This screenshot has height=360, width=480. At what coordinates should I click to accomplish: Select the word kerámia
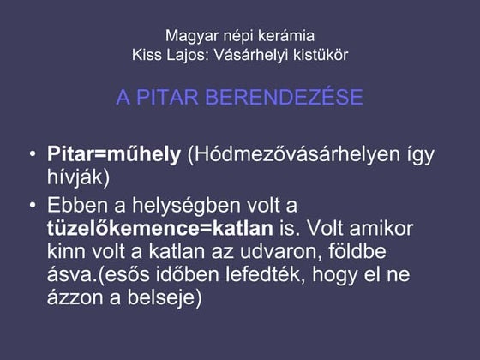point(285,37)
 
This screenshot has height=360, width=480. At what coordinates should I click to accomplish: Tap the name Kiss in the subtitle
point(147,55)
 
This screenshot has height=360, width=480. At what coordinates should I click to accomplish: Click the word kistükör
point(322,55)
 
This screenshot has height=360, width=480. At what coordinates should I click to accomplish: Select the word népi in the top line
point(235,37)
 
